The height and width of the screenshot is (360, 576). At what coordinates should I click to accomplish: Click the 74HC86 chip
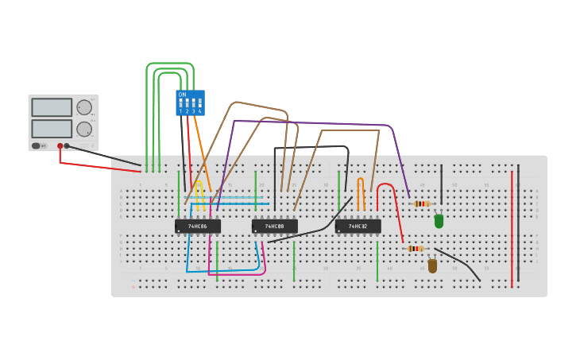coord(197,226)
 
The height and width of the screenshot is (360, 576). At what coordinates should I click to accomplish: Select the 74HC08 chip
coord(274,226)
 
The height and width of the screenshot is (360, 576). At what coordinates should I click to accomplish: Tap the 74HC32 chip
coord(358,226)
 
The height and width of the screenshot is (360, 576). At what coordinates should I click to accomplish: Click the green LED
coord(439,221)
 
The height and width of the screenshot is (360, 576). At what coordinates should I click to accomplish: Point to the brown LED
coord(432,265)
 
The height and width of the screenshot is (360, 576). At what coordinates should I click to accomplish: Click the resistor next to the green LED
coord(422,204)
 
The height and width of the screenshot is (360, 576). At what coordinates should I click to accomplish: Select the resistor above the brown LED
coord(416,249)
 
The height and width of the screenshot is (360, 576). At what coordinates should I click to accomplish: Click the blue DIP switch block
coord(190,103)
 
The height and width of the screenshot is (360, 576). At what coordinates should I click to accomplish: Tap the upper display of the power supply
coord(52,107)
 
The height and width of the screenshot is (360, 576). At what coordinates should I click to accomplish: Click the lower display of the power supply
coord(52,128)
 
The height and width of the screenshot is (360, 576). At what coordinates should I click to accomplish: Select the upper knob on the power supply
coord(83,107)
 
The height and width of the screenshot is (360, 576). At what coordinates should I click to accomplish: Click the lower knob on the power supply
coord(83,129)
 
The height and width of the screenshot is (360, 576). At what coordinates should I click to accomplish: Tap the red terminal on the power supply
coord(60,146)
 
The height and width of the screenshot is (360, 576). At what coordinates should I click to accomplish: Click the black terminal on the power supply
coord(67,146)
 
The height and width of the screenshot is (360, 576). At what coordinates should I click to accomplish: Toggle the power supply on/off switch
coord(37,146)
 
